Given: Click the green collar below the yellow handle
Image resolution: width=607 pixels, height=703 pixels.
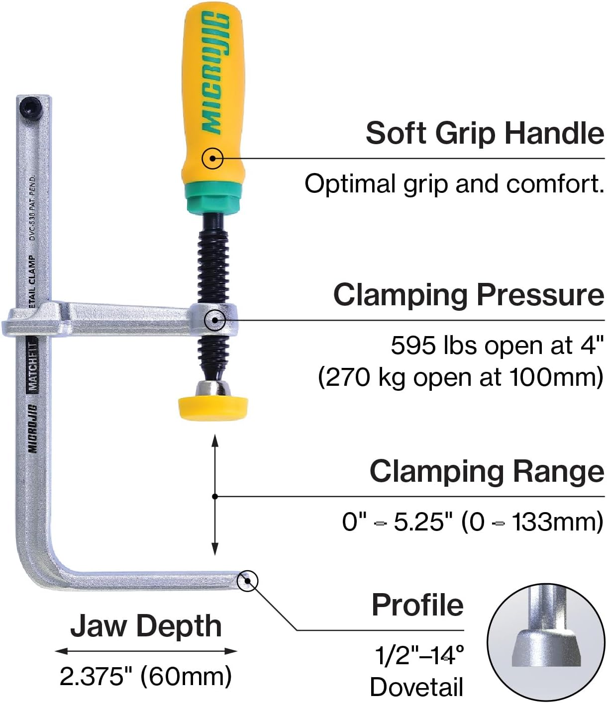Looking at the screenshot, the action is [213, 198].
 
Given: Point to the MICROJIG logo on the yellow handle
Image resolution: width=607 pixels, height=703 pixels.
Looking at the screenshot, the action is [215, 72].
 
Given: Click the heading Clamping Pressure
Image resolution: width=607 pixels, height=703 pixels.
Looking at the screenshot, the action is [469, 295].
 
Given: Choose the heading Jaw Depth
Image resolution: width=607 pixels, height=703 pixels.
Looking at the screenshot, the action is [146, 626].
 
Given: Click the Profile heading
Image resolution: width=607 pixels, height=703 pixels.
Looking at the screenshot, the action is [418, 605].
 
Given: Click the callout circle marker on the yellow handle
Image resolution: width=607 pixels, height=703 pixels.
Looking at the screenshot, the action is [212, 159].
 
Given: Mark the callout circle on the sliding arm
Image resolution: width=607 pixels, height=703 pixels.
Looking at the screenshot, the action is [215, 320].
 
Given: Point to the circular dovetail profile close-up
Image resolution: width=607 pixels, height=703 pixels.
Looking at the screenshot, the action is [546, 642].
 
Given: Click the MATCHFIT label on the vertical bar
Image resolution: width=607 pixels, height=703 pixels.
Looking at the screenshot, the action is [33, 365].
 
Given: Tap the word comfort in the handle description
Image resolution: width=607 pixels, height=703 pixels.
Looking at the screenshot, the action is [555, 184].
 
